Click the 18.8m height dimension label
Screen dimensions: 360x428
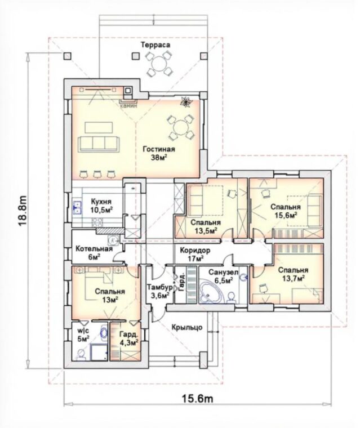23,211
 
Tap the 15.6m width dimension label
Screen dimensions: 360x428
197,399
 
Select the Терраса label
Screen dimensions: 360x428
155,44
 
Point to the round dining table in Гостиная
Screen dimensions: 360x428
180,127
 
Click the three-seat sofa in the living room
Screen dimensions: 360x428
99,144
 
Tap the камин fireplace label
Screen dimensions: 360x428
128,106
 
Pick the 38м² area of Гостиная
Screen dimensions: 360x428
159,158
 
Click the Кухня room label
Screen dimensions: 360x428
101,202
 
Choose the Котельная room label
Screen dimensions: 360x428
94,249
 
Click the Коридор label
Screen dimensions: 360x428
195,250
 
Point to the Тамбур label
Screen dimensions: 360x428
160,287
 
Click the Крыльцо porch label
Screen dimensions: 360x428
187,327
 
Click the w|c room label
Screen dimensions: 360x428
83,331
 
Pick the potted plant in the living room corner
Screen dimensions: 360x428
187,101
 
